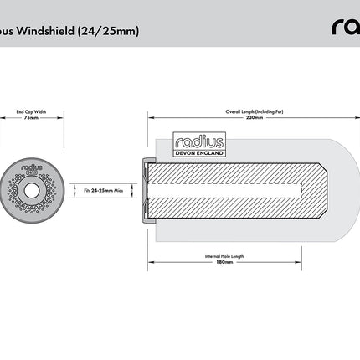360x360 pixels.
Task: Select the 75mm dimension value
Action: (x=31, y=118)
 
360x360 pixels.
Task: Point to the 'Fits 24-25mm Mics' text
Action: (x=105, y=191)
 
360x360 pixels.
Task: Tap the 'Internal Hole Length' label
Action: (x=224, y=255)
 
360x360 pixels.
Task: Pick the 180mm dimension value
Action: (x=224, y=262)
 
